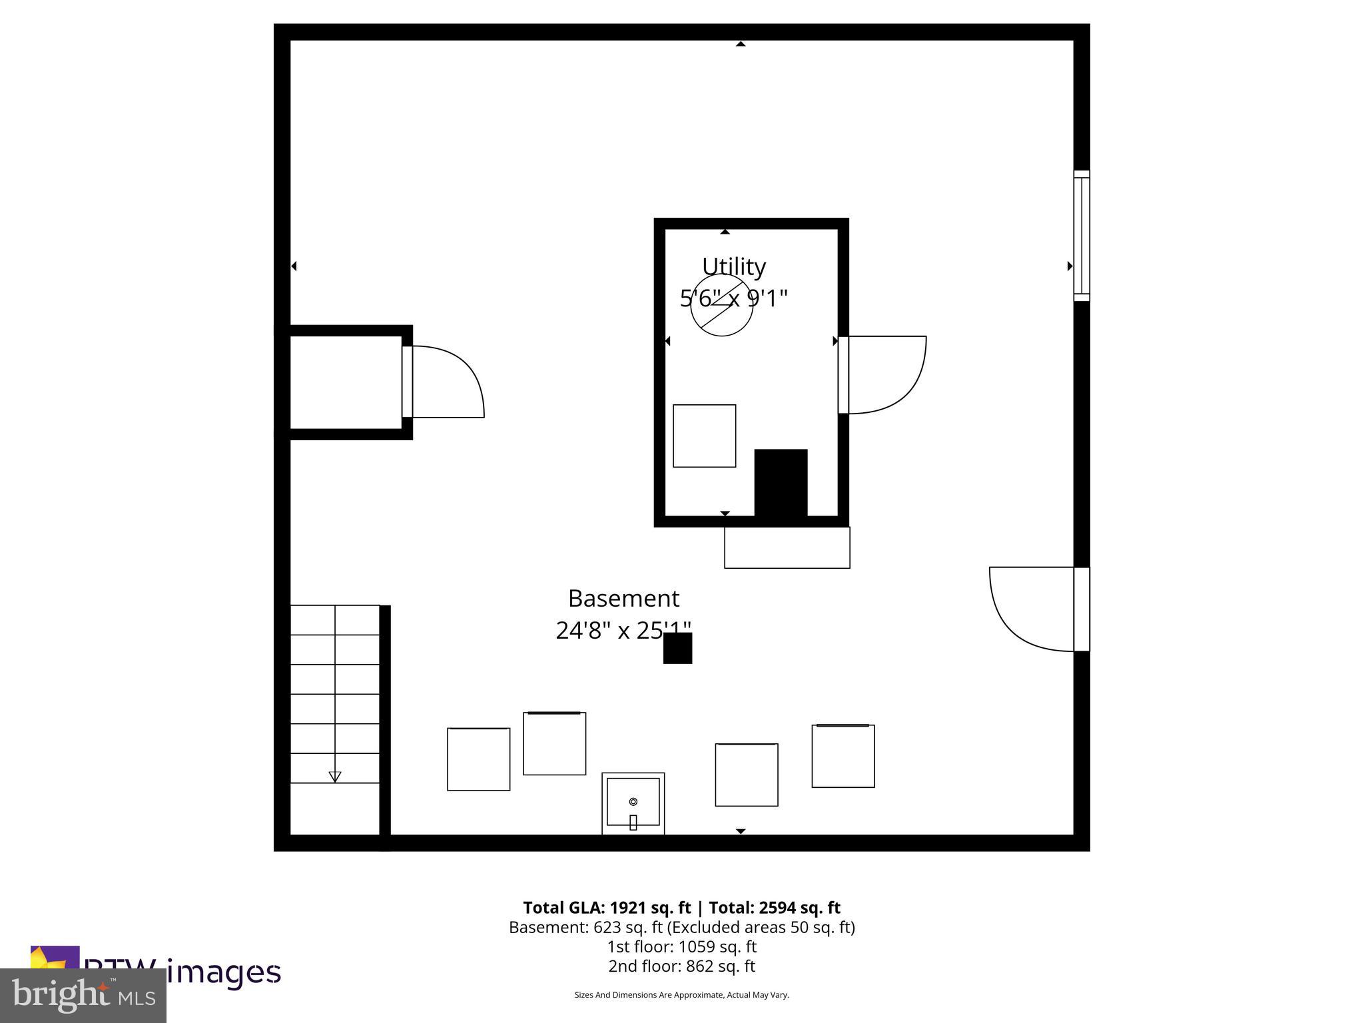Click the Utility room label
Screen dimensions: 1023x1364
(x=733, y=266)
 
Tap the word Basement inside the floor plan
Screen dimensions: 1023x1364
(x=623, y=598)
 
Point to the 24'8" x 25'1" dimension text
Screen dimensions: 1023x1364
(x=623, y=630)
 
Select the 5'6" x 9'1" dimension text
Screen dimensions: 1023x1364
(x=733, y=298)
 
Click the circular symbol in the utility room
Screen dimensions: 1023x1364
(x=721, y=305)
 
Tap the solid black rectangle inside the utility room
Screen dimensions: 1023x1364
(x=781, y=482)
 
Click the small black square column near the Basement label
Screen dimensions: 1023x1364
(x=677, y=648)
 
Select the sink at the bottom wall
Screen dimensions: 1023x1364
(x=633, y=803)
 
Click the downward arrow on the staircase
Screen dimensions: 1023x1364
(x=335, y=777)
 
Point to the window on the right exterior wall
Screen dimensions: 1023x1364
(x=1081, y=236)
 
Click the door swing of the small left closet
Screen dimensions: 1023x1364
(x=446, y=381)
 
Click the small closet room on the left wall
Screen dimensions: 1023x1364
(x=345, y=382)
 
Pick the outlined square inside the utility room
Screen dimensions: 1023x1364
(x=704, y=436)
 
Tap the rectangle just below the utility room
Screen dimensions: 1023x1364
(x=787, y=547)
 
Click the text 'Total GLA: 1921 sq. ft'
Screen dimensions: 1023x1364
(x=607, y=908)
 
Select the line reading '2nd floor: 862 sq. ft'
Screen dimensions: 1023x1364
(x=681, y=966)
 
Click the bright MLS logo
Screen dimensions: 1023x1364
(x=83, y=995)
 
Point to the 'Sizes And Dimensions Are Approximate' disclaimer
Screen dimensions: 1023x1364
(x=681, y=995)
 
